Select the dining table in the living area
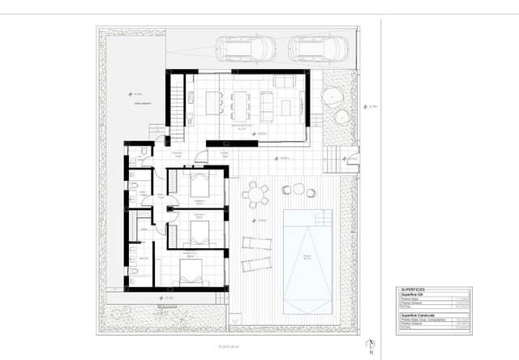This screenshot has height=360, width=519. point(241,104)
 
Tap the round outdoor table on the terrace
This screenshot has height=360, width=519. point(255,195)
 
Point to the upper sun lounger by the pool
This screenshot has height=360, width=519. point(257,242)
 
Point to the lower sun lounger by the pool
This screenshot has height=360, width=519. point(255,264)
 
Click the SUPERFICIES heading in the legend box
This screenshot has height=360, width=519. point(413,289)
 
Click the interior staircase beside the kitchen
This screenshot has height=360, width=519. point(178,105)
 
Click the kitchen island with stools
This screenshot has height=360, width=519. point(214,103)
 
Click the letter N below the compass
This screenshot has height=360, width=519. point(371,354)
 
